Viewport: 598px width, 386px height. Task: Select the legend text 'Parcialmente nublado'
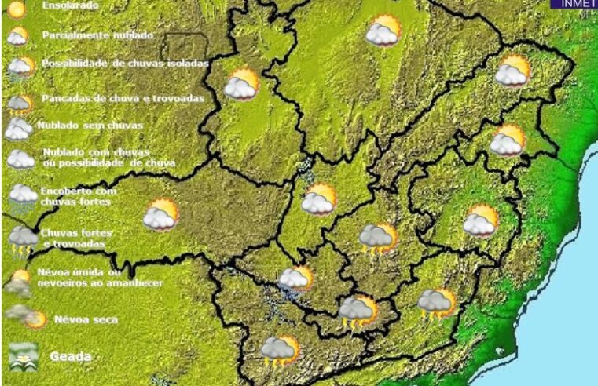coord(97,35)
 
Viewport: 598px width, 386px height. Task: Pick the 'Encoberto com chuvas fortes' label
coord(79,196)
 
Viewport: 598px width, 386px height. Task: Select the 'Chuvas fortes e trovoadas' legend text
coord(76,238)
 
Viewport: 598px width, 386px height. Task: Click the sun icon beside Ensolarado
coord(17,9)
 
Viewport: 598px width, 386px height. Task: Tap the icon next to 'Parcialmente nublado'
coord(17,37)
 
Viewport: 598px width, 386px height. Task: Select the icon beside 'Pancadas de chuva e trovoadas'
coord(19,104)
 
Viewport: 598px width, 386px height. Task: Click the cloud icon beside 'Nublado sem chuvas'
coord(18,129)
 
